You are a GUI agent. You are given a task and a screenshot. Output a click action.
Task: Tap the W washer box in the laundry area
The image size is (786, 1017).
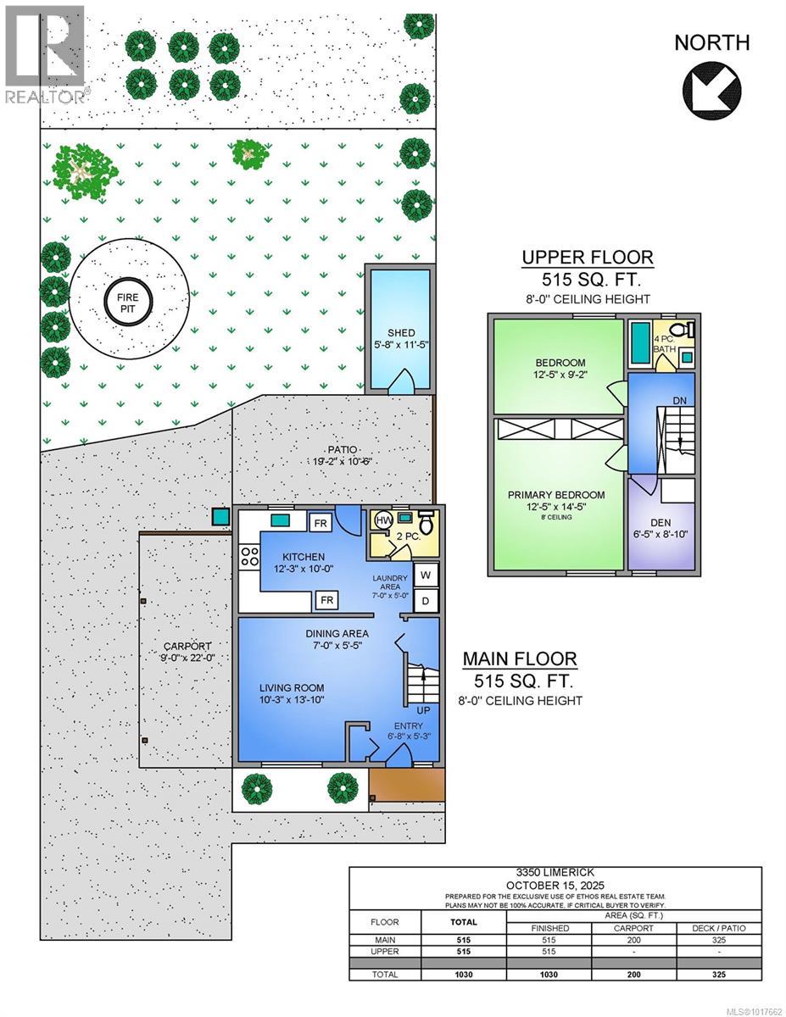coord(426,575)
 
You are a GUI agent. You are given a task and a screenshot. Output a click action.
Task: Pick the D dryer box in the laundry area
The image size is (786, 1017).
coord(426,601)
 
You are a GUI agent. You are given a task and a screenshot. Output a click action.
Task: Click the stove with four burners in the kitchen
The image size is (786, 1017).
coord(250,557)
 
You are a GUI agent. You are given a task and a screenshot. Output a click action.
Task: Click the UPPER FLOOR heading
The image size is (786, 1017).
coord(587,258)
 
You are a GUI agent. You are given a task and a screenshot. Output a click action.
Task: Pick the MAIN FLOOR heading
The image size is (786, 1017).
coord(519,659)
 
